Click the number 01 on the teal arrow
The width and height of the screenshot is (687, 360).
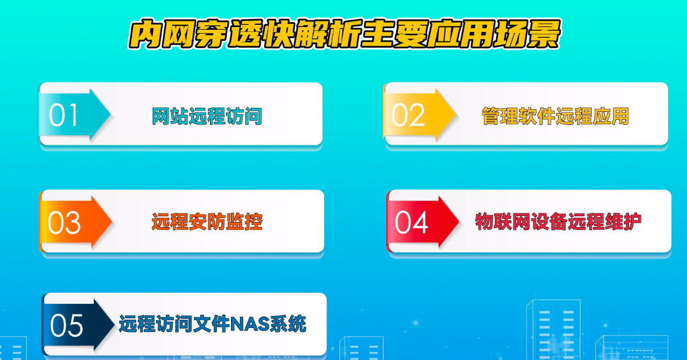tap(63, 115)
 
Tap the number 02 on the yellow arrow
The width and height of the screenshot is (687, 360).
tap(408, 115)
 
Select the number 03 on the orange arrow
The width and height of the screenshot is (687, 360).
tap(64, 223)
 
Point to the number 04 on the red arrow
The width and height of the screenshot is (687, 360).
tap(411, 222)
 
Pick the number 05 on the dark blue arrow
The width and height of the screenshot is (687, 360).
tap(67, 326)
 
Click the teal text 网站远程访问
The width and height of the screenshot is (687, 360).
tap(207, 116)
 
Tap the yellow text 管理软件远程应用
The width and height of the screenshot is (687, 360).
tap(555, 116)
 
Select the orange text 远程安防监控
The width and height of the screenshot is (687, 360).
tap(207, 222)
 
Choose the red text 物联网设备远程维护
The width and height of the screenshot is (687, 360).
tap(558, 222)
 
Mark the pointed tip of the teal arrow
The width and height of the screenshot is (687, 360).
tap(110, 114)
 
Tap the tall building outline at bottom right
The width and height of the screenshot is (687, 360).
tap(553, 330)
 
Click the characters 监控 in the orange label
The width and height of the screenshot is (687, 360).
tap(244, 222)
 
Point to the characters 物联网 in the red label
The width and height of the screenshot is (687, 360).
tap(503, 222)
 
